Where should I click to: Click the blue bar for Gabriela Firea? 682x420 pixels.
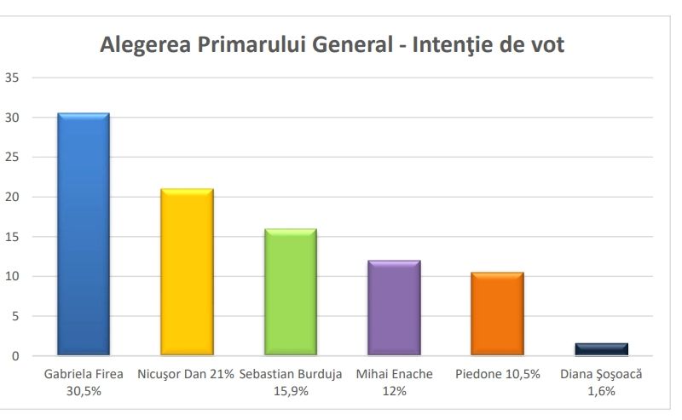(x=84, y=234)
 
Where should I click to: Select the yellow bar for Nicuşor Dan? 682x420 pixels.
(x=187, y=272)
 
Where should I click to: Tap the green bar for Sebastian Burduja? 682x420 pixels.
(x=291, y=292)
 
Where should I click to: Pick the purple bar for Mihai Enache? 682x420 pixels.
(x=394, y=308)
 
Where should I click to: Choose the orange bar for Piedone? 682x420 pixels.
(x=498, y=314)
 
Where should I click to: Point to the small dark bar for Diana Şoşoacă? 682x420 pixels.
(x=602, y=349)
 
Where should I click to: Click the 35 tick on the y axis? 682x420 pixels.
(x=12, y=78)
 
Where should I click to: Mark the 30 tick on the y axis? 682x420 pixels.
(x=12, y=118)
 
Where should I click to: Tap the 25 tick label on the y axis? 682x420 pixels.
(x=12, y=157)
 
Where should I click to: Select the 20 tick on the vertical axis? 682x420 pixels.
(x=12, y=197)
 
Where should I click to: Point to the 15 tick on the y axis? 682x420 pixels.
(x=12, y=237)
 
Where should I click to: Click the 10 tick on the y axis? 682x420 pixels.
(x=12, y=276)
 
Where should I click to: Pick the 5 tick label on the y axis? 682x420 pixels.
(x=15, y=316)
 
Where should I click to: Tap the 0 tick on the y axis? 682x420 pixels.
(x=15, y=356)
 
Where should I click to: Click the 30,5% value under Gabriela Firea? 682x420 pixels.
(x=84, y=391)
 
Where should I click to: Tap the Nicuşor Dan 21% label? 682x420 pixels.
(x=186, y=374)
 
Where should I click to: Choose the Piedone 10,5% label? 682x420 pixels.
(x=498, y=374)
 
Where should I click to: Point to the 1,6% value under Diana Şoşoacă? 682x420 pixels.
(x=601, y=391)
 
